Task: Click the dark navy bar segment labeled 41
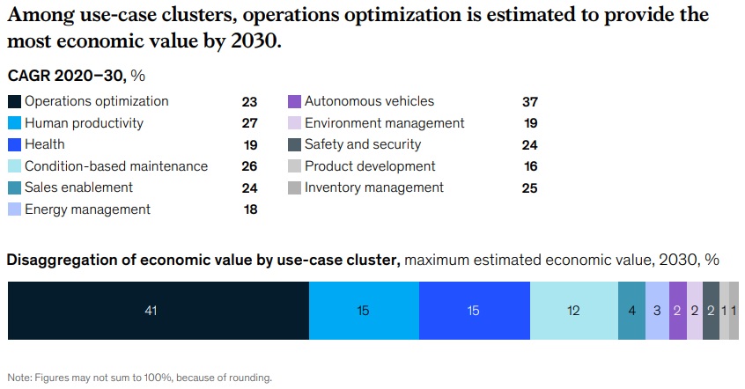pyautogui.click(x=159, y=311)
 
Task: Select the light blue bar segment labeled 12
pyautogui.click(x=574, y=311)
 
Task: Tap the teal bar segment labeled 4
pyautogui.click(x=631, y=311)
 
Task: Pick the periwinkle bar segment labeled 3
pyautogui.click(x=657, y=311)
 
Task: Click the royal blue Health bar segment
pyautogui.click(x=475, y=311)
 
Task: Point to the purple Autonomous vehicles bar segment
pyautogui.click(x=677, y=311)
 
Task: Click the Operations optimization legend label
pyautogui.click(x=96, y=101)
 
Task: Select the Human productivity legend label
pyautogui.click(x=84, y=123)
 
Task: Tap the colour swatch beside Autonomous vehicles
pyautogui.click(x=295, y=101)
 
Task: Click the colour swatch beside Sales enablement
pyautogui.click(x=15, y=187)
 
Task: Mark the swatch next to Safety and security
pyautogui.click(x=295, y=144)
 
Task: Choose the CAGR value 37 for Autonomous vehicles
pyautogui.click(x=529, y=102)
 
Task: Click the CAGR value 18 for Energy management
pyautogui.click(x=249, y=209)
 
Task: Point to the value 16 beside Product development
pyautogui.click(x=529, y=166)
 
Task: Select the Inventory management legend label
pyautogui.click(x=374, y=187)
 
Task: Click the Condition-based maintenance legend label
pyautogui.click(x=116, y=166)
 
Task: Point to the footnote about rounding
pyautogui.click(x=140, y=378)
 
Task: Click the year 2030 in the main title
pyautogui.click(x=254, y=41)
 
